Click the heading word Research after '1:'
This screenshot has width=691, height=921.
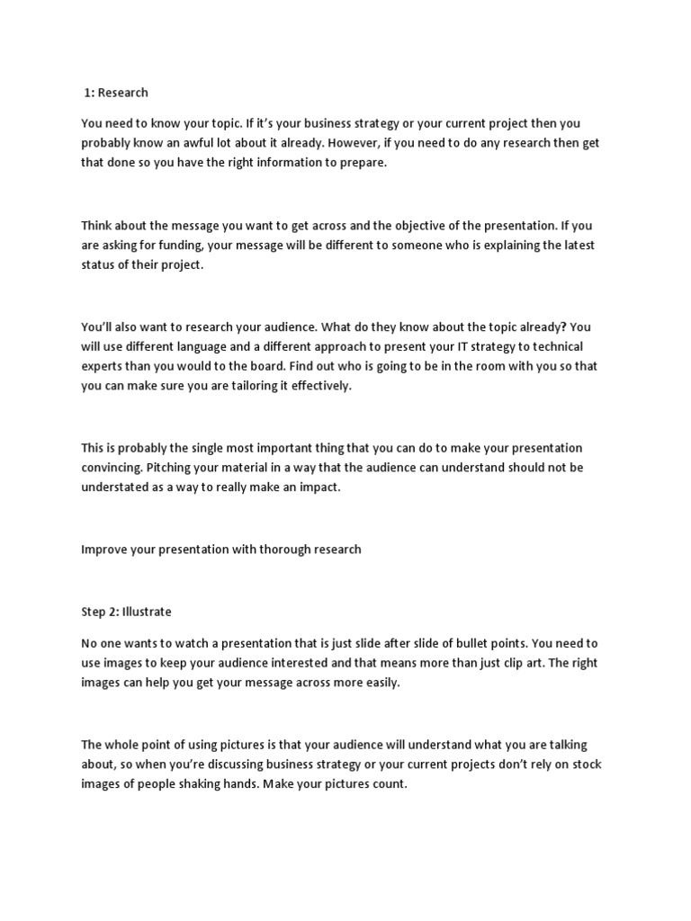point(123,93)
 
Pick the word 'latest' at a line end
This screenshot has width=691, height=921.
point(573,246)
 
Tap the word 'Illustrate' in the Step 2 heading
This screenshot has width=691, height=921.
point(143,612)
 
